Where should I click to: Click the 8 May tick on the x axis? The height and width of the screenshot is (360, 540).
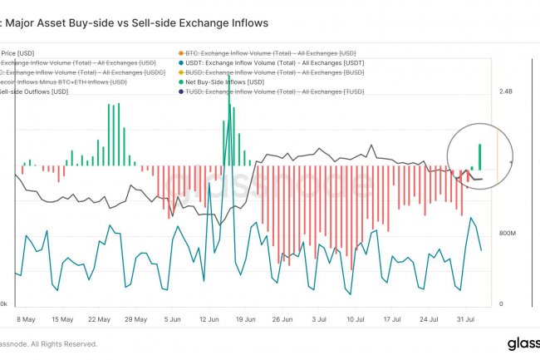(x=26, y=318)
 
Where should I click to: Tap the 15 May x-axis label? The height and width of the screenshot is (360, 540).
(x=62, y=318)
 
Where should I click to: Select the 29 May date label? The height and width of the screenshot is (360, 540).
(x=135, y=318)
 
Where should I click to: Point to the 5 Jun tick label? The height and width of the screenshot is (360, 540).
(x=172, y=318)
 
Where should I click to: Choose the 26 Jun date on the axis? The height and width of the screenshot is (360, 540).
(x=282, y=318)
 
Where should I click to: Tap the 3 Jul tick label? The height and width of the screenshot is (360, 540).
(x=319, y=318)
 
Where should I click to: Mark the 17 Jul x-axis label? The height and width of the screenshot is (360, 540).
(x=392, y=318)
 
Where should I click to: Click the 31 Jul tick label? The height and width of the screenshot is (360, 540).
(x=465, y=318)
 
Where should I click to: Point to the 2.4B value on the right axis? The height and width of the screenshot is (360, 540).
(x=506, y=93)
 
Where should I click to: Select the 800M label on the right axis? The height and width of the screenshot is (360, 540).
(x=508, y=234)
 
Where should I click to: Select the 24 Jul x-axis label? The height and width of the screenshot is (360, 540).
(x=429, y=318)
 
